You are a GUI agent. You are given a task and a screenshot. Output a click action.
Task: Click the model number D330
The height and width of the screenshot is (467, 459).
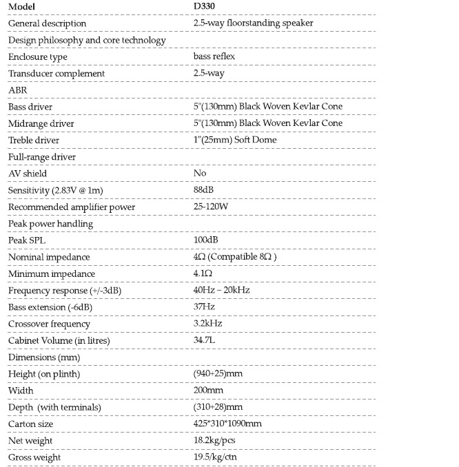tap(206, 7)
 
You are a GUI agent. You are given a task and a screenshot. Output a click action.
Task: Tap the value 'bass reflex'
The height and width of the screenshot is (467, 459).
tap(216, 56)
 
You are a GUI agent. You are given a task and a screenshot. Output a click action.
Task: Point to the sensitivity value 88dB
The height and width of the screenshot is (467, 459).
tap(205, 190)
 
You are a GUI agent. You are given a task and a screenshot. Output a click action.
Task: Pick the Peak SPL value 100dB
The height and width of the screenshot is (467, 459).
tap(207, 240)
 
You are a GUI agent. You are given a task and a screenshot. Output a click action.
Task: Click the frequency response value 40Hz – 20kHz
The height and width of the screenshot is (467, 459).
tap(222, 290)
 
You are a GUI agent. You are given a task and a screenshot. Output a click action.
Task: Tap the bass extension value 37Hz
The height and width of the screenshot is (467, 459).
tap(205, 307)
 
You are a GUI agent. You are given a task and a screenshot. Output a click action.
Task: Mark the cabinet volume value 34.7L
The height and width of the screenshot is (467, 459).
tap(206, 340)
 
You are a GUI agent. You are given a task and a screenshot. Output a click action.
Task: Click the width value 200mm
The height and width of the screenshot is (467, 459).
tap(209, 391)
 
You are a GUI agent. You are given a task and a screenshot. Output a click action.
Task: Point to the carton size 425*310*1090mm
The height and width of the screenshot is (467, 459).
tap(228, 424)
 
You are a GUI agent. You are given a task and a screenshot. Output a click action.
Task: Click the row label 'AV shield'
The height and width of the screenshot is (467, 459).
tap(28, 174)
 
